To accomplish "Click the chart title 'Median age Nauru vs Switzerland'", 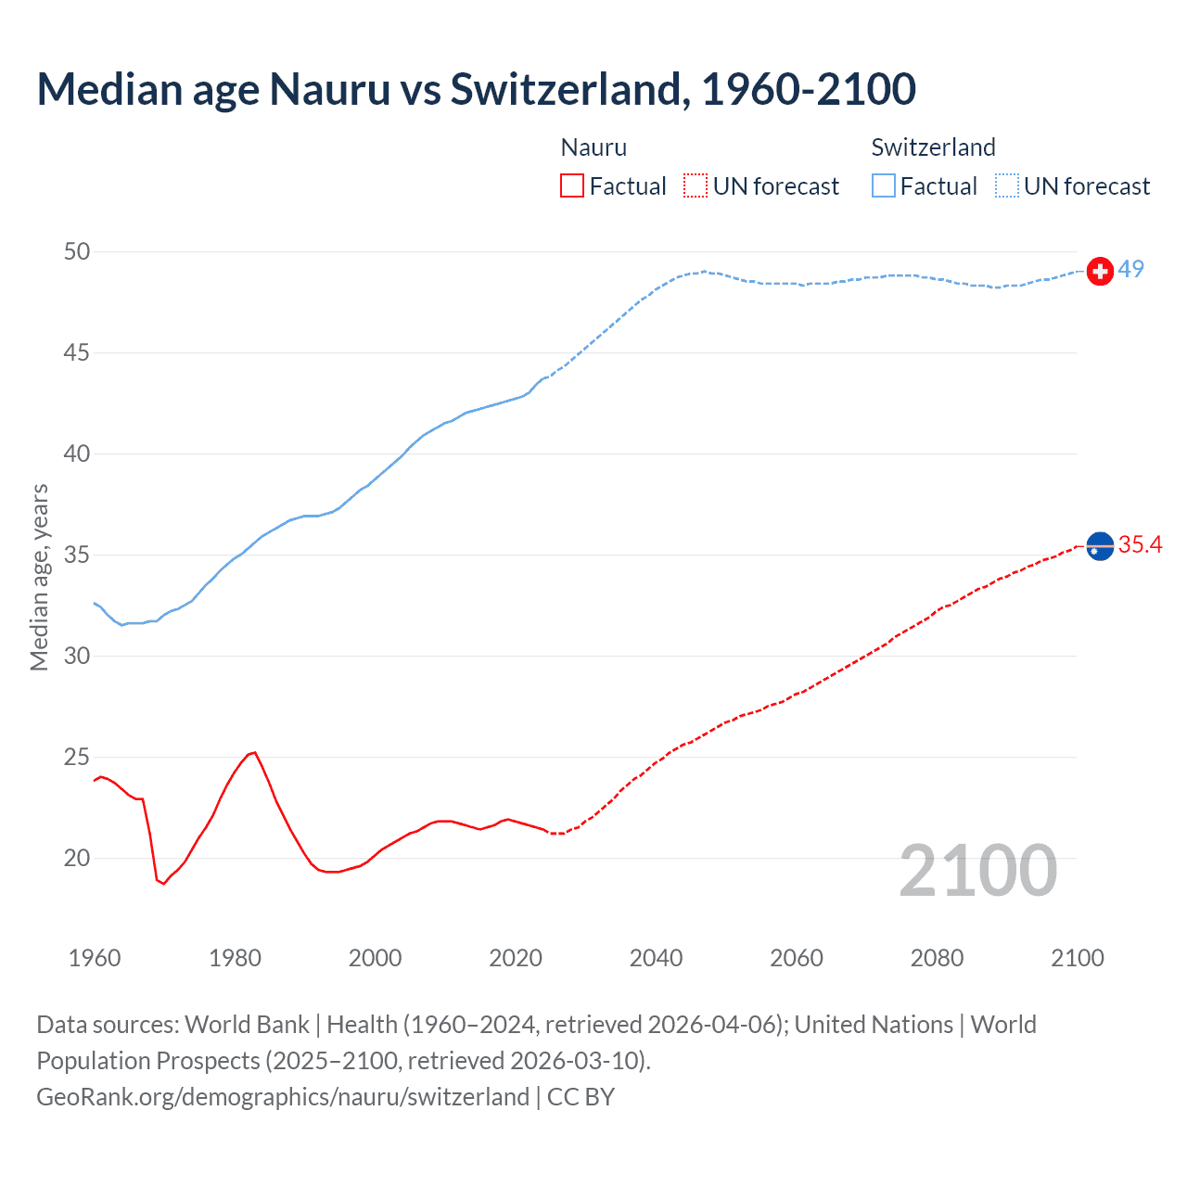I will click(476, 89).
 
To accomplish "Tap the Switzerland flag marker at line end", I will click(1100, 271).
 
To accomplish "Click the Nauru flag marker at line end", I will click(1100, 547).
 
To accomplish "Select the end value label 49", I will click(1130, 270).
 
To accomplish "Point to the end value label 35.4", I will click(1140, 545).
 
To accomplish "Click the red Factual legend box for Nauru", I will click(572, 186).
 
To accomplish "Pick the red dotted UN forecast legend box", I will click(696, 186).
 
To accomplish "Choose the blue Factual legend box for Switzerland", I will click(883, 186).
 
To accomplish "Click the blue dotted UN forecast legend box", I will click(1006, 186).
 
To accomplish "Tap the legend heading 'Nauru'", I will click(593, 147).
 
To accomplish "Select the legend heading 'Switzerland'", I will click(933, 147).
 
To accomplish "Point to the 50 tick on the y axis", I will click(78, 252).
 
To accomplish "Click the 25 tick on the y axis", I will click(78, 758).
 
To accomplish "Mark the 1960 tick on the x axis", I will click(95, 958).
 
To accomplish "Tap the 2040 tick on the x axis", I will click(656, 958).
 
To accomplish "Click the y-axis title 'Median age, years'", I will click(39, 577).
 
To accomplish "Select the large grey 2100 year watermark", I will click(977, 870).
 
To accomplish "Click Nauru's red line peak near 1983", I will click(254, 752).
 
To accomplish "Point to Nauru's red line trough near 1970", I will click(163, 884).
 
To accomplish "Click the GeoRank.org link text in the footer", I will click(282, 1097).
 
